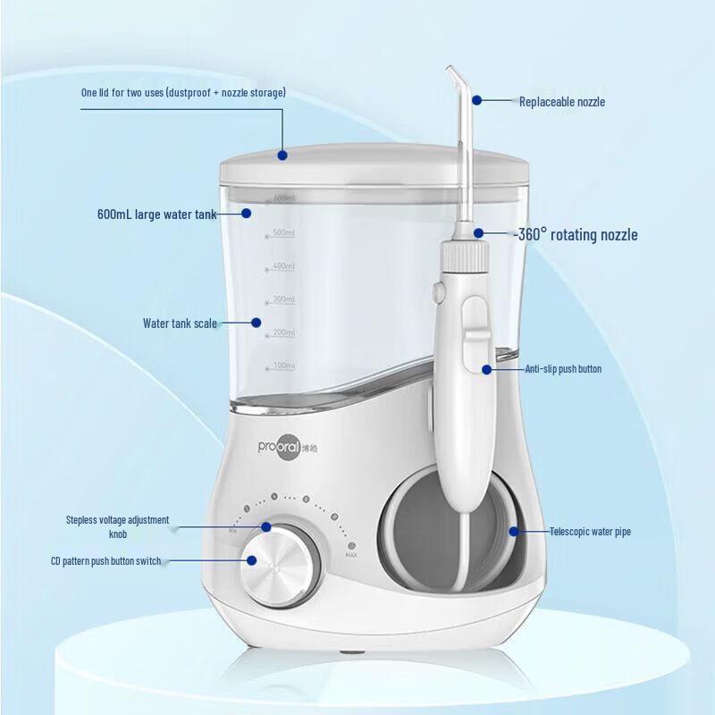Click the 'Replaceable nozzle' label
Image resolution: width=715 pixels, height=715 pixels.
(562, 102)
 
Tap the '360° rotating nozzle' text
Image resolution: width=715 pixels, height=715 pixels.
(578, 235)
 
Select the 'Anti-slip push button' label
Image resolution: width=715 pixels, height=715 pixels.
(562, 368)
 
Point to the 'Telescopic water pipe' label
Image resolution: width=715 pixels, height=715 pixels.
(590, 532)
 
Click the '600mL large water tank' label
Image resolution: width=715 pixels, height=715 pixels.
(156, 214)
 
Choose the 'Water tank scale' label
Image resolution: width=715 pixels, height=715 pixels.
(180, 324)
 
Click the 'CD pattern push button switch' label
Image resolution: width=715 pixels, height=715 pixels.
(105, 561)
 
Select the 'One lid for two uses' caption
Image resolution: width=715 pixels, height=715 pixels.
(183, 93)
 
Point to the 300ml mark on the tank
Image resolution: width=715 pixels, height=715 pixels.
(283, 299)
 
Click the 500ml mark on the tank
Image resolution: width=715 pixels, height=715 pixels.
(283, 233)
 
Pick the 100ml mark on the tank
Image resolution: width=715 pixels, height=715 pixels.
(283, 366)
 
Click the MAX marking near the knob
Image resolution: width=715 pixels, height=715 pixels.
(351, 556)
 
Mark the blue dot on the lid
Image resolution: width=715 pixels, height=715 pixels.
(282, 155)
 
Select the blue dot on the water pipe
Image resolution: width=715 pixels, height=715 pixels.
(513, 531)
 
